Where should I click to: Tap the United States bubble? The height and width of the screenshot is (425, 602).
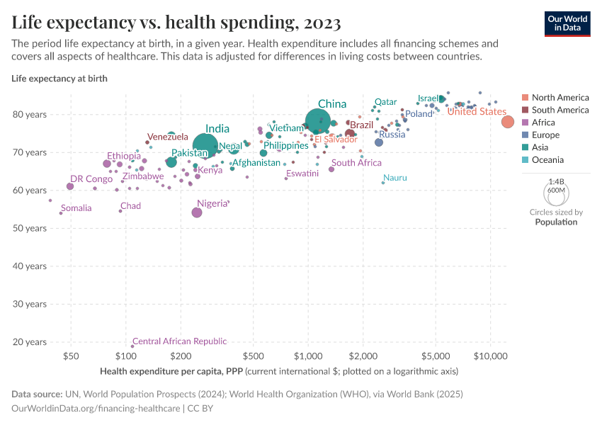click(x=508, y=122)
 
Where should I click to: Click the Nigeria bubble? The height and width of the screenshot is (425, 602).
click(x=197, y=212)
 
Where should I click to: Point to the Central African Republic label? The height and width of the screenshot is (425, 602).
click(x=179, y=341)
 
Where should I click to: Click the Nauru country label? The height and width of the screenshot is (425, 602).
click(x=395, y=178)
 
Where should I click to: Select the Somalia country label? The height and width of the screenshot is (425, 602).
click(x=76, y=208)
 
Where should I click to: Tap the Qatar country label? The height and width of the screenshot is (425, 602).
click(x=385, y=102)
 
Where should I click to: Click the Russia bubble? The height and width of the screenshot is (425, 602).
click(x=379, y=142)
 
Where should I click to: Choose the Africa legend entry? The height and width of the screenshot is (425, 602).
click(x=543, y=123)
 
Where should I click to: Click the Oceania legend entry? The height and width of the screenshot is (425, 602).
click(x=547, y=160)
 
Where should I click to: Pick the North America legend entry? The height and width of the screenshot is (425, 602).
click(x=560, y=98)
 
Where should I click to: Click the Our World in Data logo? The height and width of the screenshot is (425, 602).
click(x=567, y=23)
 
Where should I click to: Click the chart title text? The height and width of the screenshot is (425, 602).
click(x=176, y=23)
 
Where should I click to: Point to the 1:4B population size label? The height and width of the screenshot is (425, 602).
click(x=556, y=182)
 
